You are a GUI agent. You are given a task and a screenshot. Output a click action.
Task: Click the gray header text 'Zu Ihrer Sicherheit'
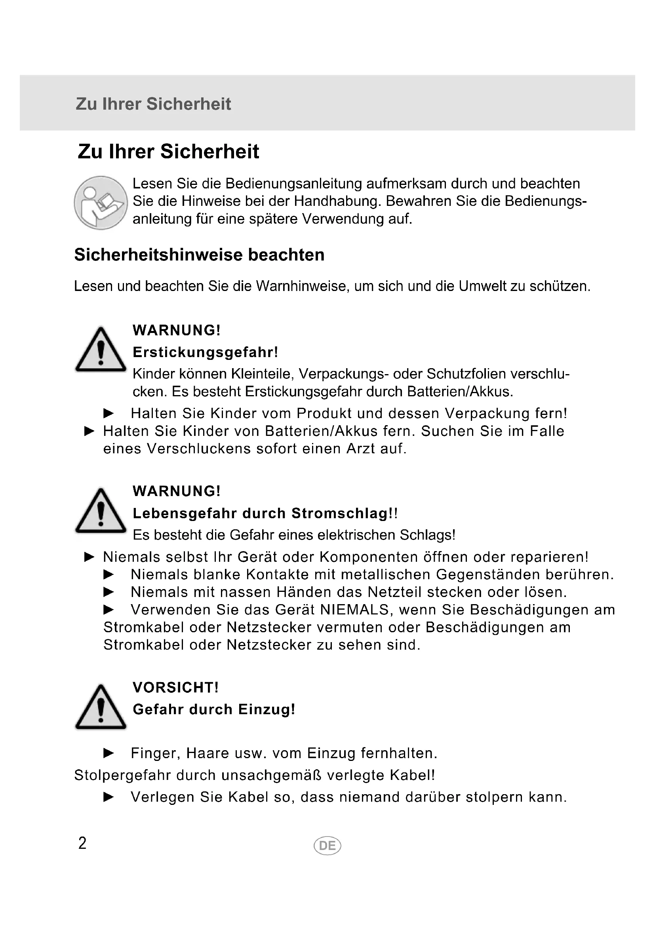(153, 104)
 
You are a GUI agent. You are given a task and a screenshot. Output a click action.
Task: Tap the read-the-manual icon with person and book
(101, 203)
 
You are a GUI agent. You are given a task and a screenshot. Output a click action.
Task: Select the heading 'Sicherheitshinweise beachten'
(199, 255)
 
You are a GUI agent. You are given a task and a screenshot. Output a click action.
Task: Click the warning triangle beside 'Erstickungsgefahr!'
(101, 350)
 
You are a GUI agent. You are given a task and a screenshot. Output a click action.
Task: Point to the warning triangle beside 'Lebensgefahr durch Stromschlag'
(101, 511)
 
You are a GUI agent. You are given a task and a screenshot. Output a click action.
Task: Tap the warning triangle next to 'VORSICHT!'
(101, 708)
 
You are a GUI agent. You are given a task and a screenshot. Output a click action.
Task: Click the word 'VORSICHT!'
(175, 688)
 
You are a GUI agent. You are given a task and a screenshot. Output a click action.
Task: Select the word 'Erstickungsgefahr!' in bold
(205, 352)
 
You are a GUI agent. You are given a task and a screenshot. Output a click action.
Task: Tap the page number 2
(82, 843)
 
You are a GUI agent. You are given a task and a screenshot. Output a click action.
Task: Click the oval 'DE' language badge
(327, 846)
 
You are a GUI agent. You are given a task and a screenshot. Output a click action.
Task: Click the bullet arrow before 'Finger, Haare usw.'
(109, 753)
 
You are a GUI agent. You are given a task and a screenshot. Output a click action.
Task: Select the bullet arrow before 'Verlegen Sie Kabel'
(109, 797)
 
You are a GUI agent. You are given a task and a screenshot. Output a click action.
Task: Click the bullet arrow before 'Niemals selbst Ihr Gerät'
(89, 557)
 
